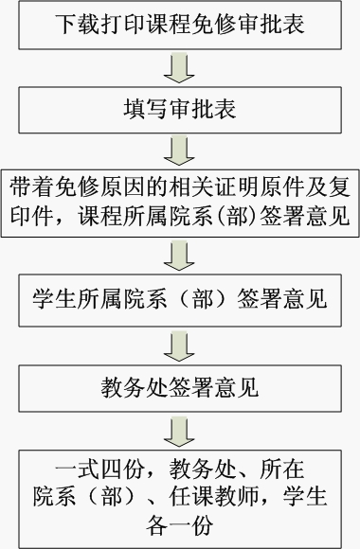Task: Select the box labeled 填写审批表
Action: (x=179, y=109)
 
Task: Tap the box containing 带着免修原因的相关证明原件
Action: (x=180, y=200)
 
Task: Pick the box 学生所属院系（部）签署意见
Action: (x=179, y=301)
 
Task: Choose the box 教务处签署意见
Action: (x=179, y=387)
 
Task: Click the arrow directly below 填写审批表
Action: (x=179, y=149)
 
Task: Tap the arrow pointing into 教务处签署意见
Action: (x=179, y=345)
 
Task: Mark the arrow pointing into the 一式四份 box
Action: (x=179, y=432)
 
